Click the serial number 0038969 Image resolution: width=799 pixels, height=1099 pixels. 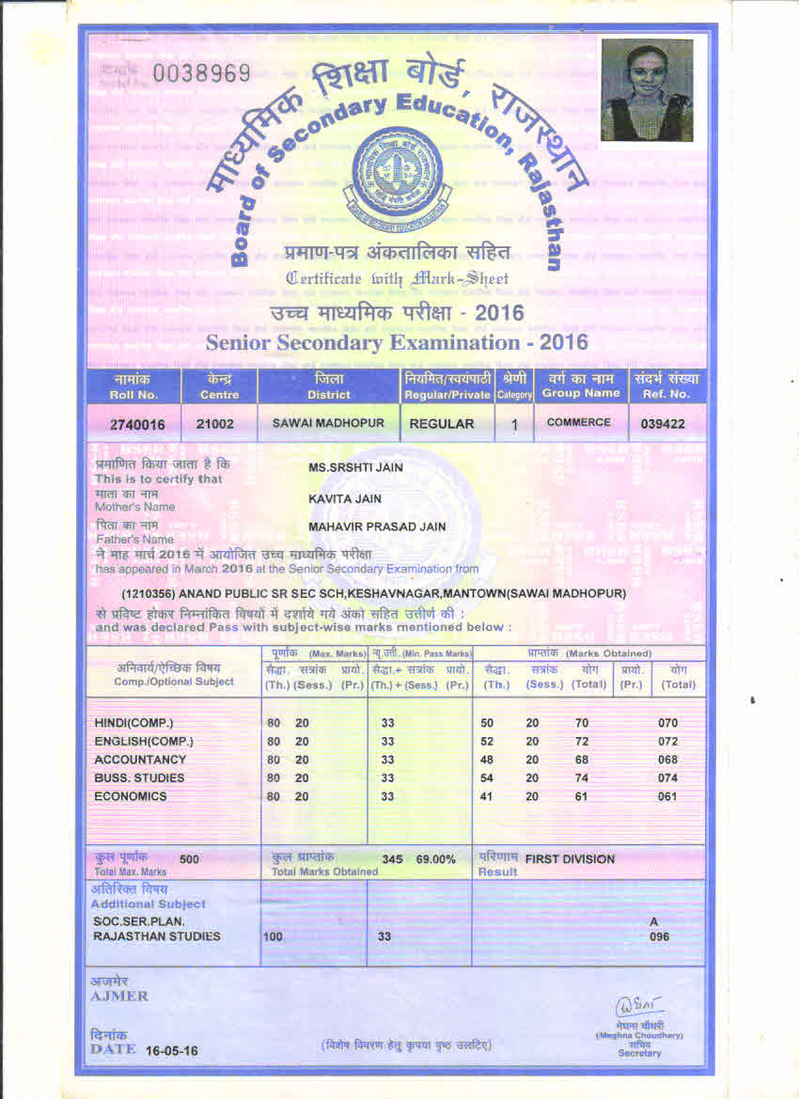pyautogui.click(x=202, y=73)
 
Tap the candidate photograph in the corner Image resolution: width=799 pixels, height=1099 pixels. pyautogui.click(x=646, y=90)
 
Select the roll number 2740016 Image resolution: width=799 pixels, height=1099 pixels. pyautogui.click(x=137, y=425)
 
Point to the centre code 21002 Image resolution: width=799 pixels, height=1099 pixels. pyautogui.click(x=214, y=424)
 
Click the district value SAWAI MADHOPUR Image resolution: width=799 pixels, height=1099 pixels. pyautogui.click(x=328, y=423)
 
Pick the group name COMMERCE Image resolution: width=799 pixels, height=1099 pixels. pyautogui.click(x=578, y=422)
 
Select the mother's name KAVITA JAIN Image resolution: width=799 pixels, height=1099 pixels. pyautogui.click(x=345, y=498)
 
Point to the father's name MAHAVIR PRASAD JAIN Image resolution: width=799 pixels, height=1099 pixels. pyautogui.click(x=378, y=526)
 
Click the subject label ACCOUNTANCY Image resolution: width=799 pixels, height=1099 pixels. pyautogui.click(x=140, y=760)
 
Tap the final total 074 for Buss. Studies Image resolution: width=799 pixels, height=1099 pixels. pyautogui.click(x=667, y=778)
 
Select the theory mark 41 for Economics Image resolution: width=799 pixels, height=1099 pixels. pyautogui.click(x=487, y=796)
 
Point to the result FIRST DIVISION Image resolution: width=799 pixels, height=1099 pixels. pyautogui.click(x=570, y=859)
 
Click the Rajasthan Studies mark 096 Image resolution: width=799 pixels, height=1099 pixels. pyautogui.click(x=660, y=936)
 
